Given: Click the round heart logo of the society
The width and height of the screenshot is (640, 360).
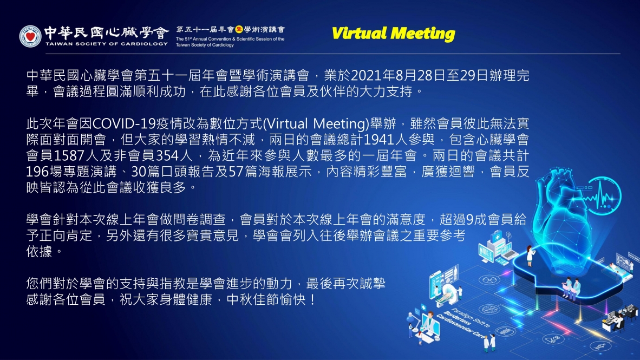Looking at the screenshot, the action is click(30, 36).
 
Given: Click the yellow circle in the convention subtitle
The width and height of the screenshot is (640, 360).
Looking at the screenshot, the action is click(239, 29).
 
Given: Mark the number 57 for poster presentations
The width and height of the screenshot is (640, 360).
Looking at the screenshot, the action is click(236, 172).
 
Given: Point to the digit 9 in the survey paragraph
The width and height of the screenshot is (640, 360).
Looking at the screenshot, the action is click(470, 220).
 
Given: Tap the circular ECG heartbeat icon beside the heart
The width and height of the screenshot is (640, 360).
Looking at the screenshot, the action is click(602, 195).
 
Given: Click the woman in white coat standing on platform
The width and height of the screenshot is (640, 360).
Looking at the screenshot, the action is click(530, 256).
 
